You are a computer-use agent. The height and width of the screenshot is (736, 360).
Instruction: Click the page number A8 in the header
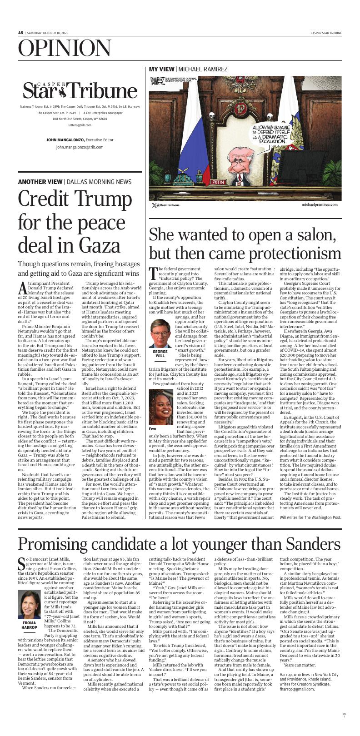[x=20, y=33]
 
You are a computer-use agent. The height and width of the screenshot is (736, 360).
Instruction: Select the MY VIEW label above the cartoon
[x=161, y=69]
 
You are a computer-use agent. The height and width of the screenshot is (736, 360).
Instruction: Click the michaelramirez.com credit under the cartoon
[x=319, y=205]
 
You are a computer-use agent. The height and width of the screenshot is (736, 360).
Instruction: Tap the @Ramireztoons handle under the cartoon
[x=168, y=205]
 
